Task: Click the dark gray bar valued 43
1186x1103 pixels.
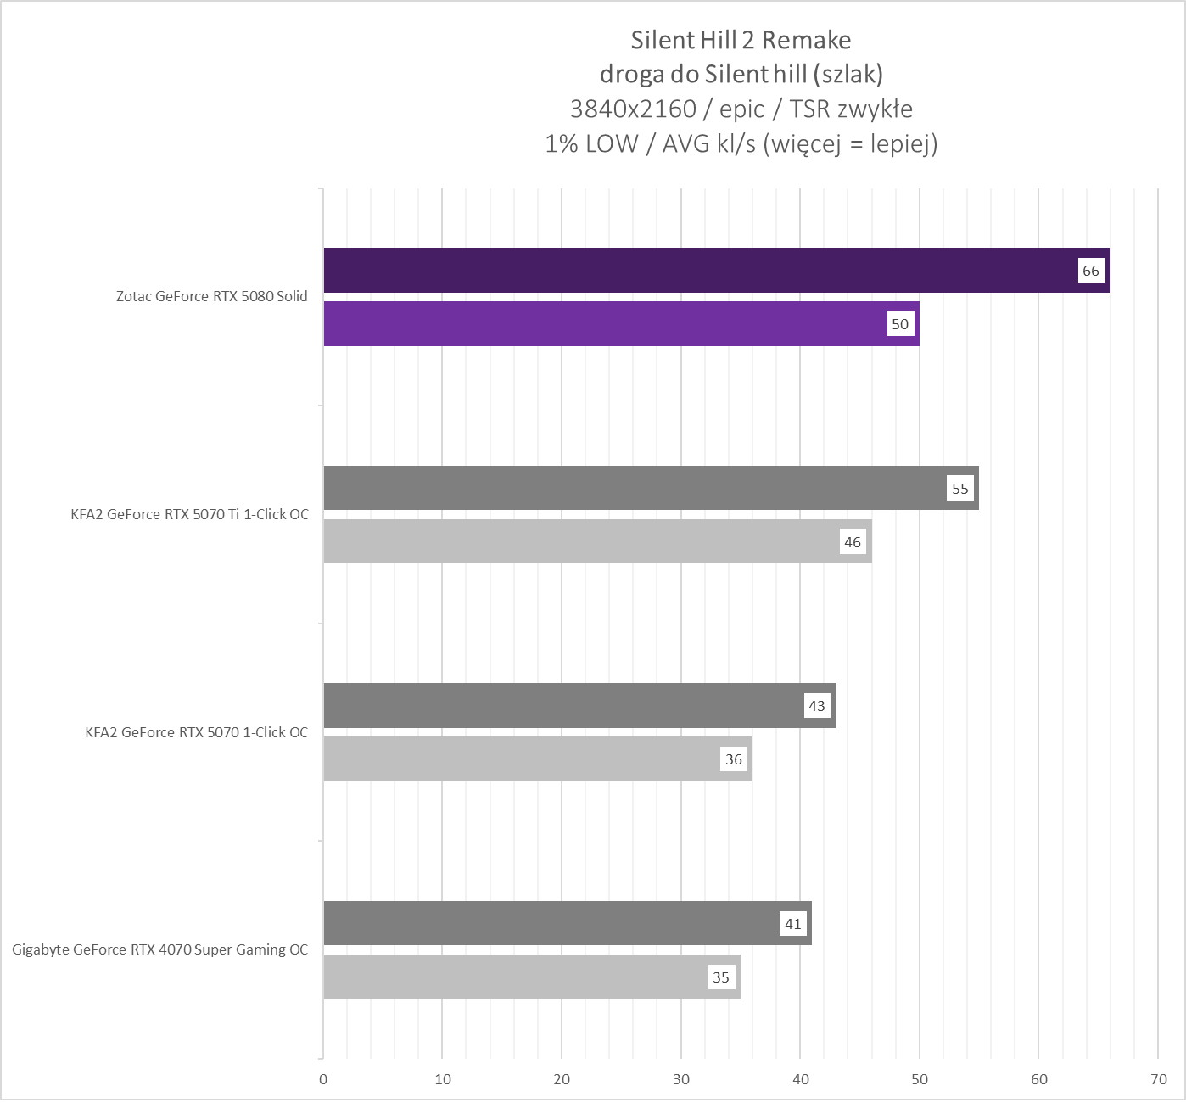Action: (560, 706)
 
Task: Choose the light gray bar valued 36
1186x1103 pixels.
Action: (517, 759)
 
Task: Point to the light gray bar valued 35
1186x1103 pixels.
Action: (509, 977)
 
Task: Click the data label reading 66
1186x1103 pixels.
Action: (1090, 271)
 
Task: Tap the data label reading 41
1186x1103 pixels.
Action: (793, 923)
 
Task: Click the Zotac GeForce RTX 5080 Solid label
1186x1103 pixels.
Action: (211, 297)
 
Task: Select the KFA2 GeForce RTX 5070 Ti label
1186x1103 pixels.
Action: (189, 514)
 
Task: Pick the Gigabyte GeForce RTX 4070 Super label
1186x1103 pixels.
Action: (159, 949)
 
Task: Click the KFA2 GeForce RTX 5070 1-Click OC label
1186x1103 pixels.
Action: (196, 732)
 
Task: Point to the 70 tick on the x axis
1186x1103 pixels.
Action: (1159, 1079)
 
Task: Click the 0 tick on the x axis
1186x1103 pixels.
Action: (323, 1079)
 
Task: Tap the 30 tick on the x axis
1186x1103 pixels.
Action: (681, 1079)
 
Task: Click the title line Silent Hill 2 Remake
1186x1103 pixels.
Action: (741, 40)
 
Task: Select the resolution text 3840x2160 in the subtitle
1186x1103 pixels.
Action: (633, 109)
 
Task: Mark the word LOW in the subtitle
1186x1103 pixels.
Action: (611, 144)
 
